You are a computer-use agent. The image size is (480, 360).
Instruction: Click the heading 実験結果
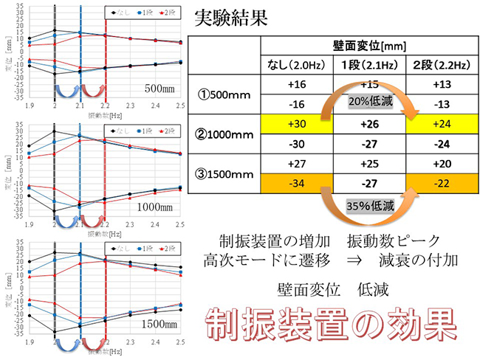tap(228, 17)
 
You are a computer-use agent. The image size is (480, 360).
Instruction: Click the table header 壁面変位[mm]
tap(366, 46)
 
